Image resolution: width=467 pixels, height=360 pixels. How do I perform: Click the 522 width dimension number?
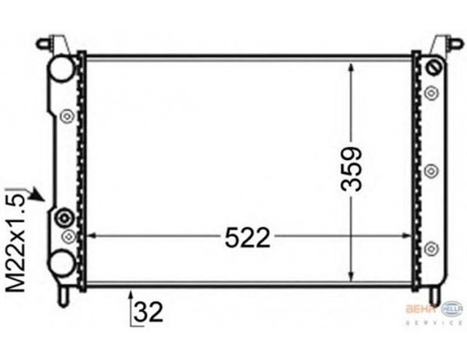click(247, 237)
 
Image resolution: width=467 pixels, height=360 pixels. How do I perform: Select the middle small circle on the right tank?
click(431, 170)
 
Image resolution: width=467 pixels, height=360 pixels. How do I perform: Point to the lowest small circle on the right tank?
click(431, 247)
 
